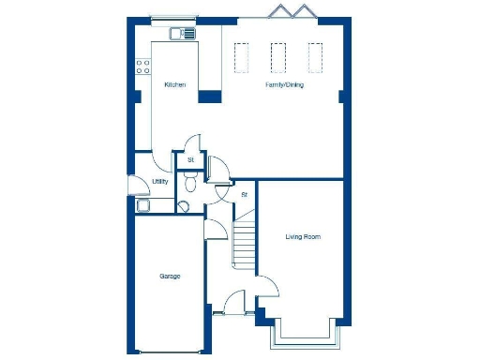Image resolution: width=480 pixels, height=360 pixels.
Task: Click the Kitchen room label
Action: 175,85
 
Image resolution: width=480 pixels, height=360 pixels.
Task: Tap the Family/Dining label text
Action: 284,85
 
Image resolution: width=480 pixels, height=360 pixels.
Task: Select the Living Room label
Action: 303,237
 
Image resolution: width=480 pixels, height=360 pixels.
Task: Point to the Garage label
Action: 170,277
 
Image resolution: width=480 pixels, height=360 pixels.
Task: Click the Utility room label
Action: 159,182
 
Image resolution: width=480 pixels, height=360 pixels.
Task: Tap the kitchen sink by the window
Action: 182,34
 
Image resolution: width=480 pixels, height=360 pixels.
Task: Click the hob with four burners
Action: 144,66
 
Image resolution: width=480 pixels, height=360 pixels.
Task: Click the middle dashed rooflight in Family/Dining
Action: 278,58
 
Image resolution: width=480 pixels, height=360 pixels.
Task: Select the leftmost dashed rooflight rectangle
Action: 241,58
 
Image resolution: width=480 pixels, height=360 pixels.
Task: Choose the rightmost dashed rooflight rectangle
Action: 315,58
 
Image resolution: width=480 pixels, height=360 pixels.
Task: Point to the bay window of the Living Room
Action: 302,333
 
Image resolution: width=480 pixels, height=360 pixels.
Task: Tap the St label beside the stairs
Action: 244,195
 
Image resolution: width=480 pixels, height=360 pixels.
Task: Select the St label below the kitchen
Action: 190,160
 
